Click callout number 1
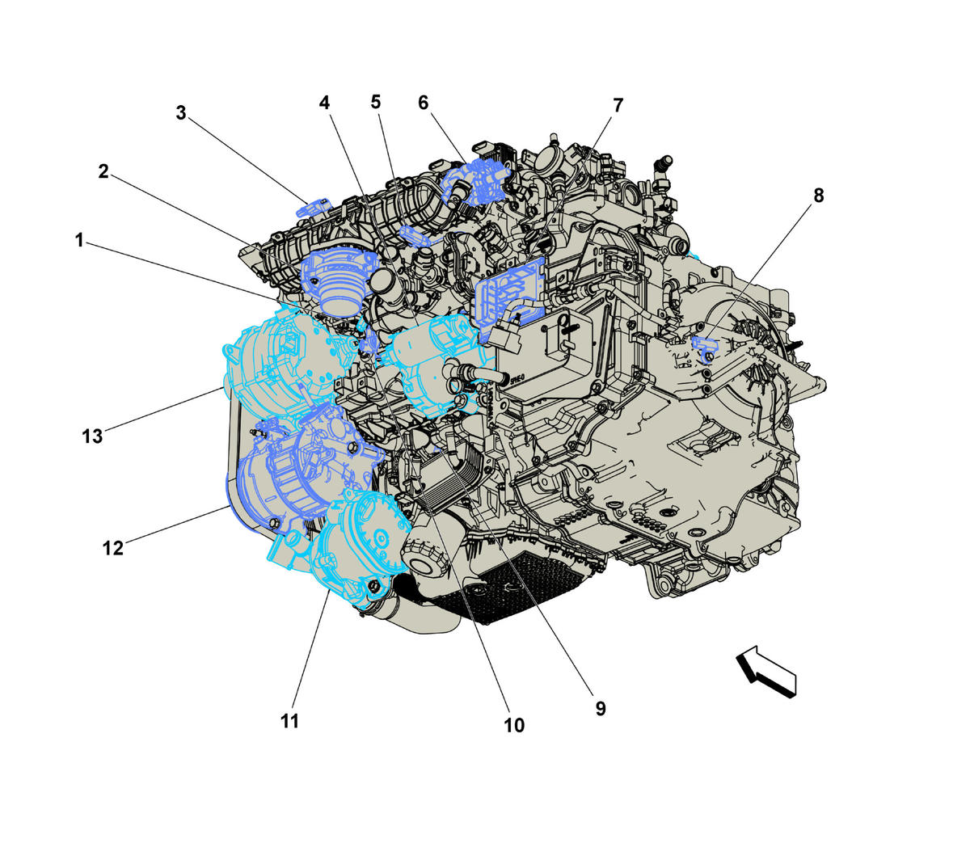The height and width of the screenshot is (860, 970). pyautogui.click(x=79, y=240)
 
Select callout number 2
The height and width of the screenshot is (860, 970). pyautogui.click(x=103, y=171)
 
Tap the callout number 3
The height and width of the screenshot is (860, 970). pyautogui.click(x=180, y=113)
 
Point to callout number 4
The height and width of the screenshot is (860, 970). pyautogui.click(x=325, y=103)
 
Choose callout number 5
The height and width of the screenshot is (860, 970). pyautogui.click(x=376, y=102)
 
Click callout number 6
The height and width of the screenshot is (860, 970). pyautogui.click(x=424, y=103)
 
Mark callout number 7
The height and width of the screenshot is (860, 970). pyautogui.click(x=618, y=105)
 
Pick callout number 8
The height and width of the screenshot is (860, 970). pyautogui.click(x=819, y=196)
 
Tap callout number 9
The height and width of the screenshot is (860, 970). pyautogui.click(x=601, y=709)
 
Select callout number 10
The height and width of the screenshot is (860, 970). pyautogui.click(x=514, y=726)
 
